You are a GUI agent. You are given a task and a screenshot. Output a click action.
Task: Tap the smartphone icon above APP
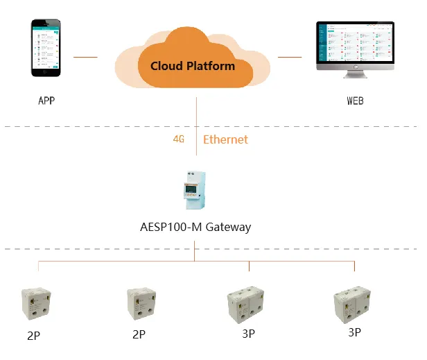(x=45, y=49)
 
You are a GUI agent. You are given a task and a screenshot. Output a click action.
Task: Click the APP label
(x=46, y=101)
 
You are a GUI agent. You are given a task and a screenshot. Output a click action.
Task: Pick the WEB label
(x=355, y=101)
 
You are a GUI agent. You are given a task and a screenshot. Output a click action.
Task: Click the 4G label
(x=179, y=139)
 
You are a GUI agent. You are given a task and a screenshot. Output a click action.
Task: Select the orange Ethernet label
(x=225, y=139)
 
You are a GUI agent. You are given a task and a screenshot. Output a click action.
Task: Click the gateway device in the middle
(x=194, y=189)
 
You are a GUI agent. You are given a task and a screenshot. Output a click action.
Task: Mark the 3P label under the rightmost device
(x=354, y=332)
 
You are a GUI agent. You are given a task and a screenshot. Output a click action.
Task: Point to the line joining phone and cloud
(x=85, y=57)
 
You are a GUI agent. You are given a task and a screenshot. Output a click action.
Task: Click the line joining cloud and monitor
(x=289, y=57)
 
